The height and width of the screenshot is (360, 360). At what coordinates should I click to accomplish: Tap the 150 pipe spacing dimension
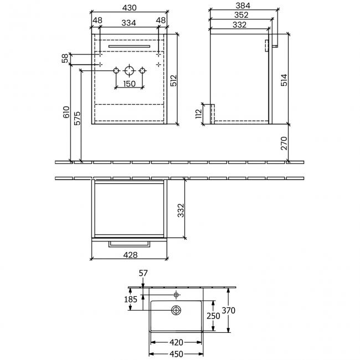pyautogui.click(x=129, y=84)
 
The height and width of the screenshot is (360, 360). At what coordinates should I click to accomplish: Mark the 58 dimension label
pyautogui.click(x=65, y=57)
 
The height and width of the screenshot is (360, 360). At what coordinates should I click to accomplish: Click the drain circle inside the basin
pyautogui.click(x=177, y=311)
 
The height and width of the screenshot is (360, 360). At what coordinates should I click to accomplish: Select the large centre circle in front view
pyautogui.click(x=129, y=71)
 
